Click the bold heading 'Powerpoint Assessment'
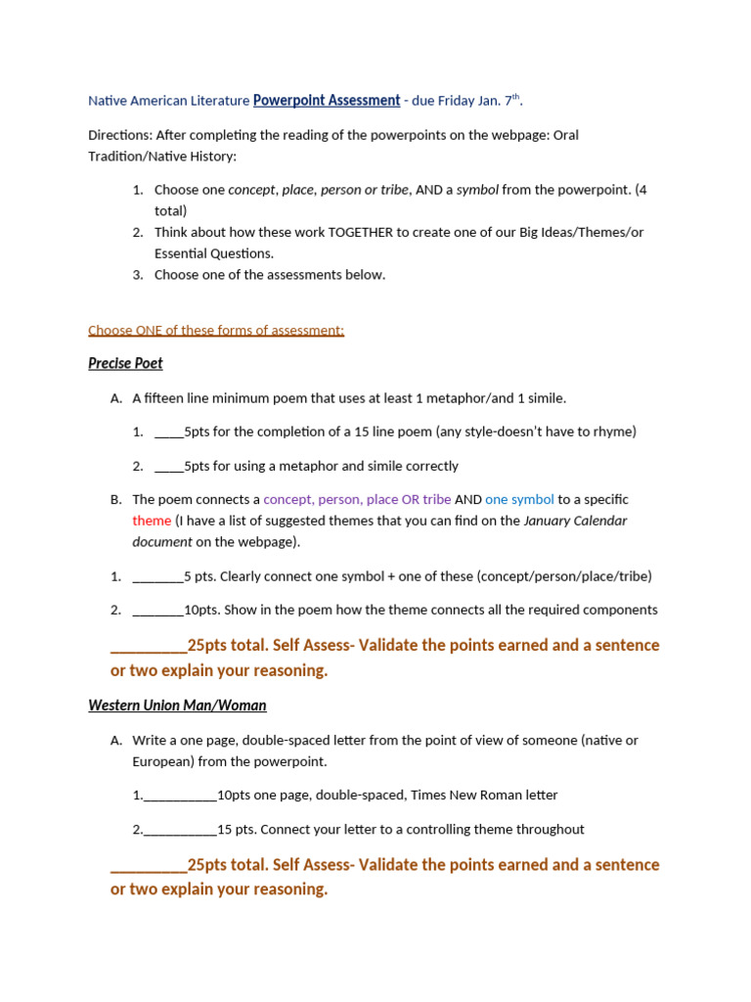point(327,100)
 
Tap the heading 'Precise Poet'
point(125,363)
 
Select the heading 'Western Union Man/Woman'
point(177,705)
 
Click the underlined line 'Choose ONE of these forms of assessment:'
point(216,330)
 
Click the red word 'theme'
point(152,521)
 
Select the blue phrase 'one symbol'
point(519,499)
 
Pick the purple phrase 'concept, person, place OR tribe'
point(357,499)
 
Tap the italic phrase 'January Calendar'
point(575,521)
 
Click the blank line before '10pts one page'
point(180,796)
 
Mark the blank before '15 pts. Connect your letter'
point(180,829)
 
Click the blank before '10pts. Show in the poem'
point(157,610)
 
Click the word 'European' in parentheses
point(161,761)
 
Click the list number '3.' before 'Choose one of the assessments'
point(138,275)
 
